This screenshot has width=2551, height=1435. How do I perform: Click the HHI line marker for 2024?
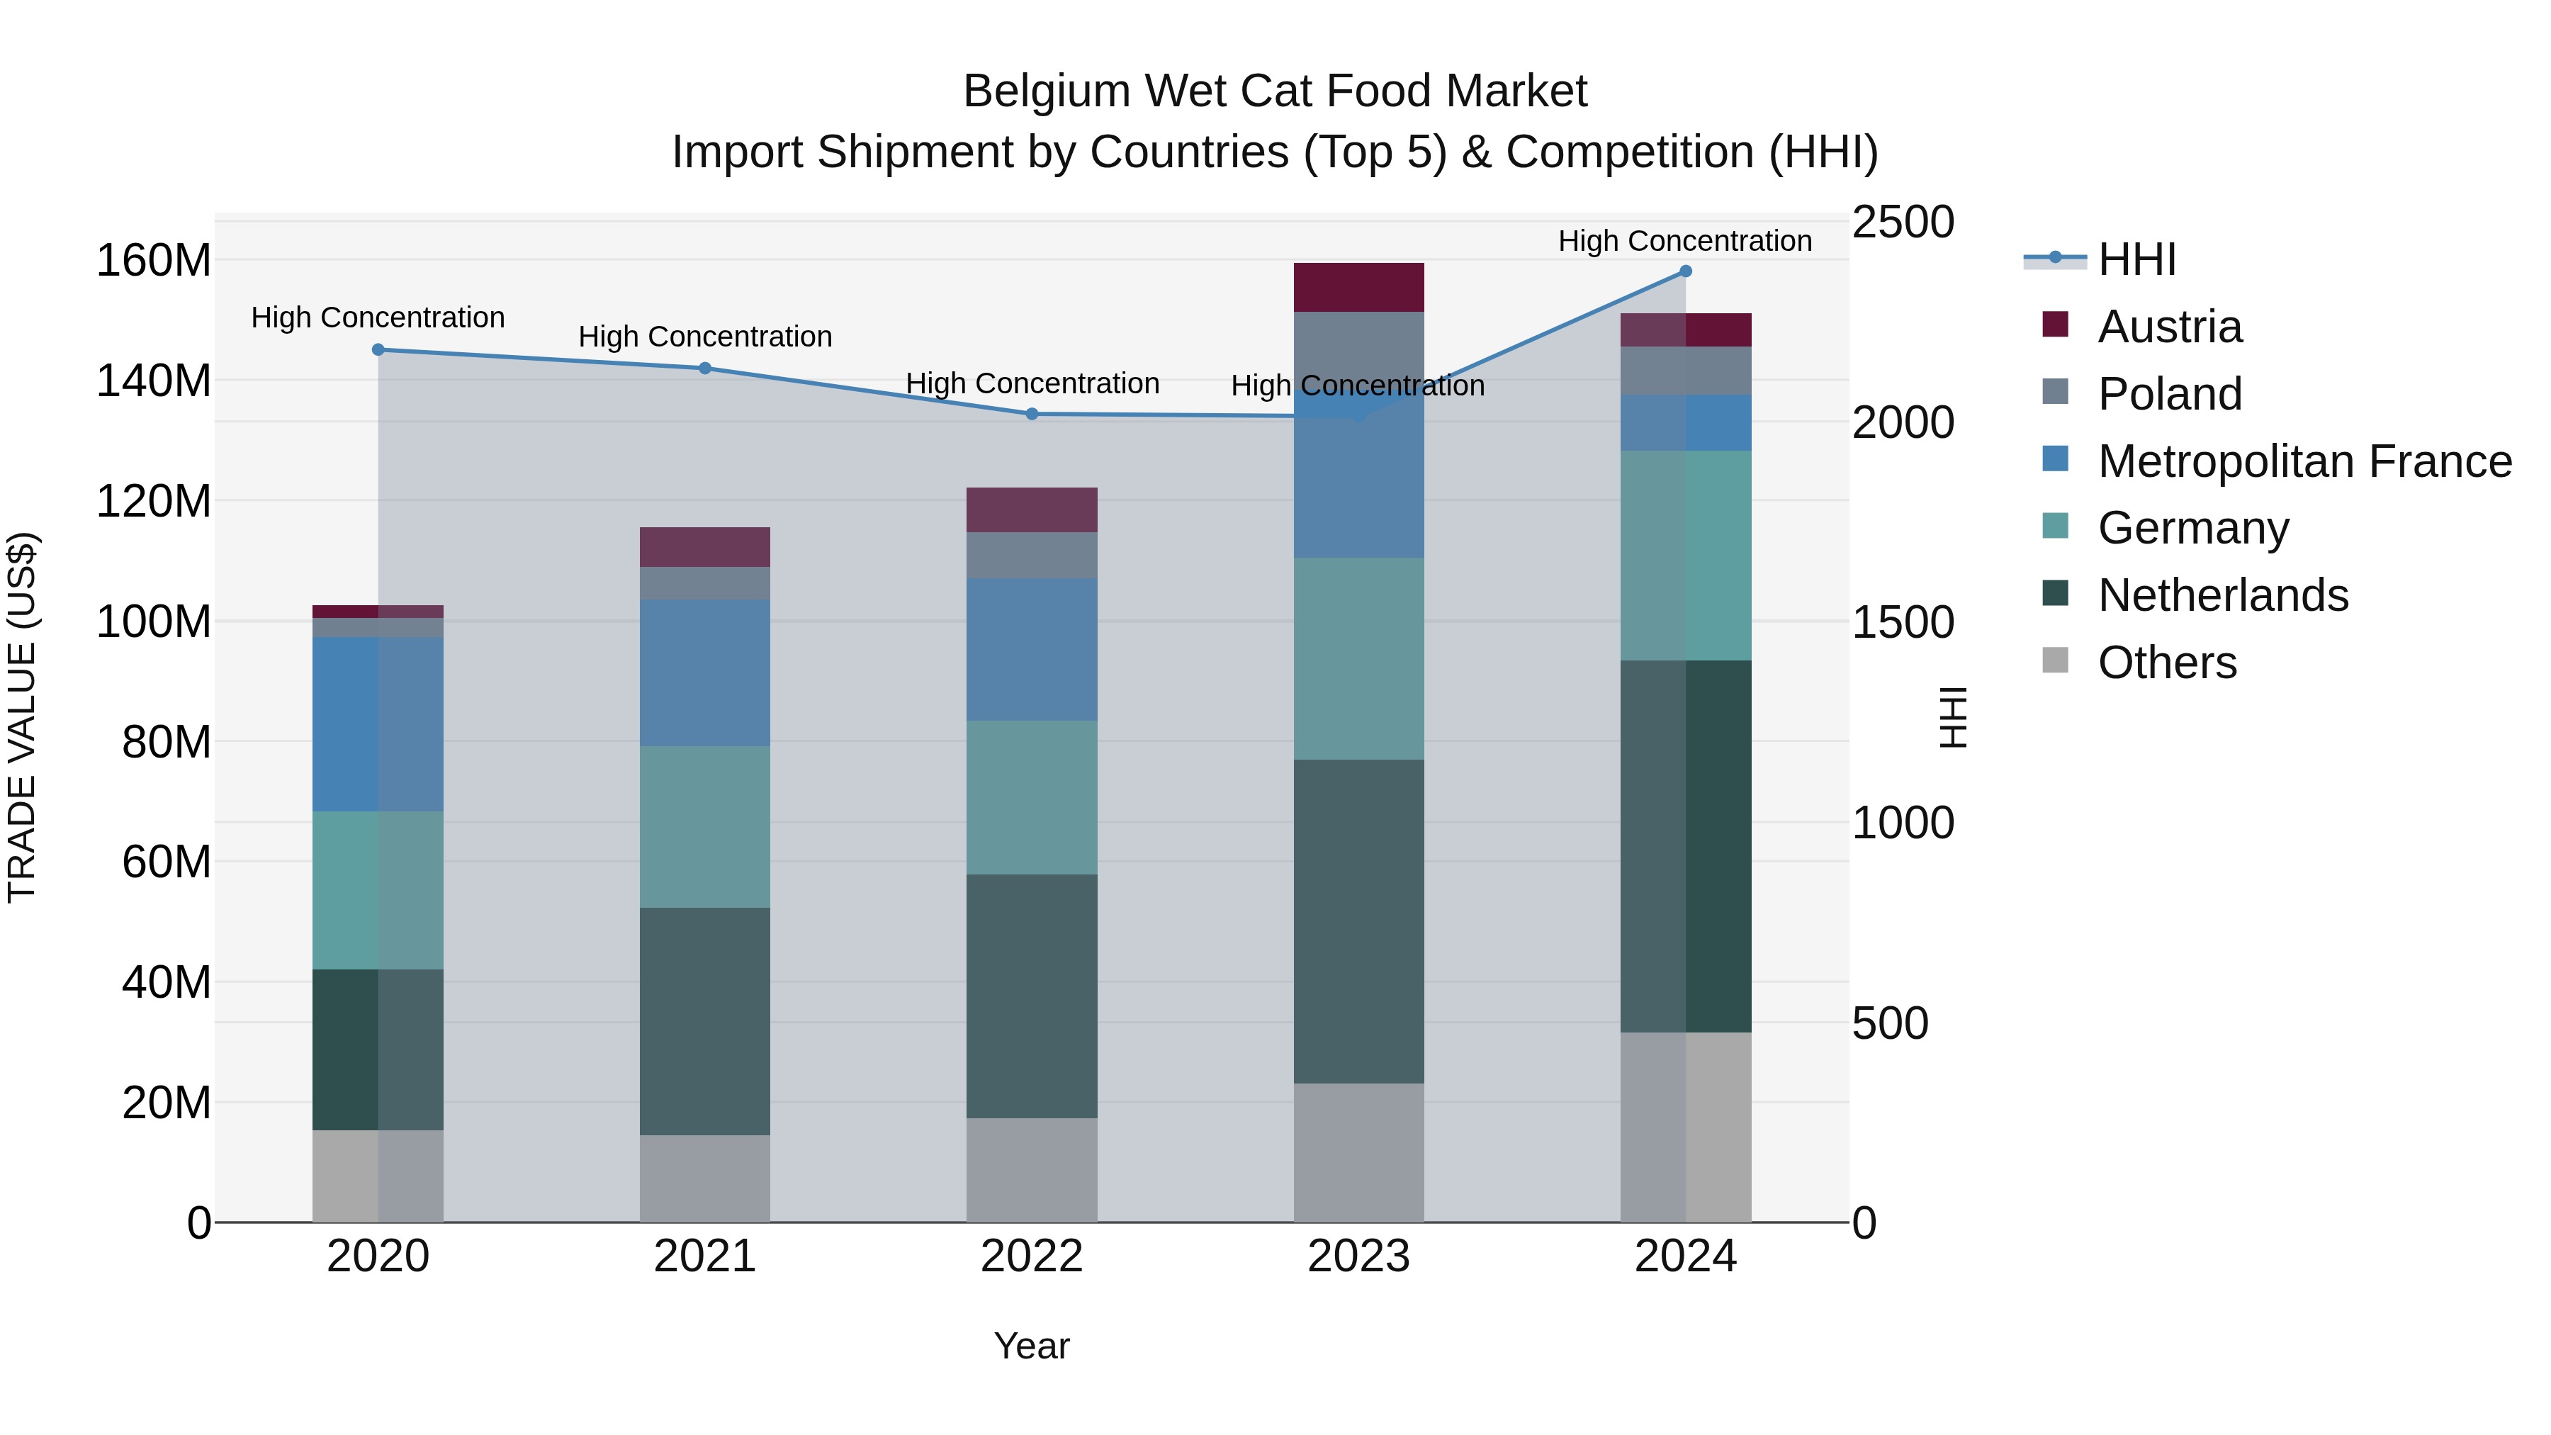[x=1686, y=271]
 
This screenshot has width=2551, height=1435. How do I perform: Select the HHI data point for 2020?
[x=378, y=349]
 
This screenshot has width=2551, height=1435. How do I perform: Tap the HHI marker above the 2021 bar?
[x=705, y=368]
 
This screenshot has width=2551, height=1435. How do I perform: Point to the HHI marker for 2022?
[x=1032, y=414]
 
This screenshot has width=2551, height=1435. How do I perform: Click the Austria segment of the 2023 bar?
[x=1358, y=287]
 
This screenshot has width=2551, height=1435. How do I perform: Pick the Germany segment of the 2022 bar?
[x=1032, y=797]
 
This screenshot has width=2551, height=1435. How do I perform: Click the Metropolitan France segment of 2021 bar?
[x=705, y=673]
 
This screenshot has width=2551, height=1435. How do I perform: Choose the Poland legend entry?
[x=2169, y=394]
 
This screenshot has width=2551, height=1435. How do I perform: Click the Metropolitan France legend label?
[x=2304, y=461]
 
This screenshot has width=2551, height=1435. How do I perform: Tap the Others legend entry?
[x=2167, y=663]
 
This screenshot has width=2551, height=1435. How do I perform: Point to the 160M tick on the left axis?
[x=154, y=261]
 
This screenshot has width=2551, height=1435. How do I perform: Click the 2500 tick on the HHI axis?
[x=1903, y=222]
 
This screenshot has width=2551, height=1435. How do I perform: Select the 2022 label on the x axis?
[x=1032, y=1256]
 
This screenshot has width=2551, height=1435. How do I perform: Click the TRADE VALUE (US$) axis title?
[x=22, y=717]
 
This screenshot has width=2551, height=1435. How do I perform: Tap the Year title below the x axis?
[x=1032, y=1346]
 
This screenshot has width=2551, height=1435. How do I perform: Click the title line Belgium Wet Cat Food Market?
[x=1275, y=91]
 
